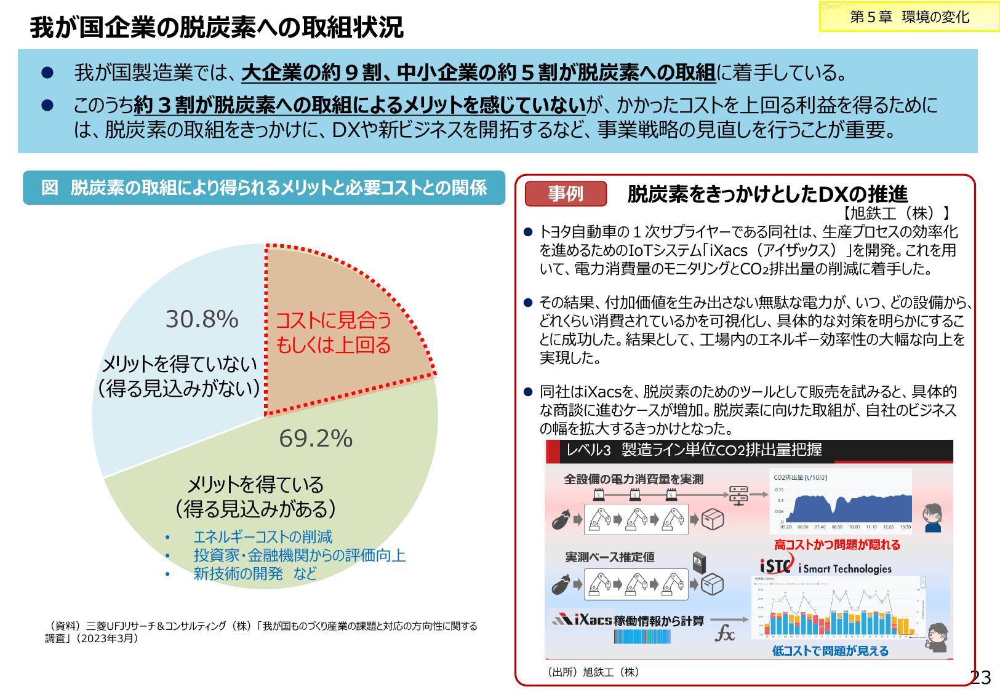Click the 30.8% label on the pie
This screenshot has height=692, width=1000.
202,319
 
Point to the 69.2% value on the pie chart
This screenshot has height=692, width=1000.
316,439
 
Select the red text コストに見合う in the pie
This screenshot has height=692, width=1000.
333,320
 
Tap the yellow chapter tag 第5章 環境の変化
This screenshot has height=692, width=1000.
909,17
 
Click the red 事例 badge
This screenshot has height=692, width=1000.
566,194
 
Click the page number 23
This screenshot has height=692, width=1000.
980,677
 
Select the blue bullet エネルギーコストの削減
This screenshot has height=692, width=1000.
262,537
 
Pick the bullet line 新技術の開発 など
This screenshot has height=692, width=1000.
255,574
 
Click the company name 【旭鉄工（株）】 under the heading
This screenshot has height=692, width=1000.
894,213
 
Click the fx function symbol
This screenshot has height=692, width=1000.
725,633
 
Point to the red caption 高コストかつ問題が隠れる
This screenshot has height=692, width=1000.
837,544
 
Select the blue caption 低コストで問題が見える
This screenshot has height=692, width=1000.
830,651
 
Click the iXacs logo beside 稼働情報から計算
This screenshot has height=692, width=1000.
582,619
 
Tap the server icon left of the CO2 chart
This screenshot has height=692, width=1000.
738,495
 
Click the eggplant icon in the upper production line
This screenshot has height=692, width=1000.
561,520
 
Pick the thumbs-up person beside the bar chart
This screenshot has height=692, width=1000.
937,637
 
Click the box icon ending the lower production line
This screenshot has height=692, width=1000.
713,584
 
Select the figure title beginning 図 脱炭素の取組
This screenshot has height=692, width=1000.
264,188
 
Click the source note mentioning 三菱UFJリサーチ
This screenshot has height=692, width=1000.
261,632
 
